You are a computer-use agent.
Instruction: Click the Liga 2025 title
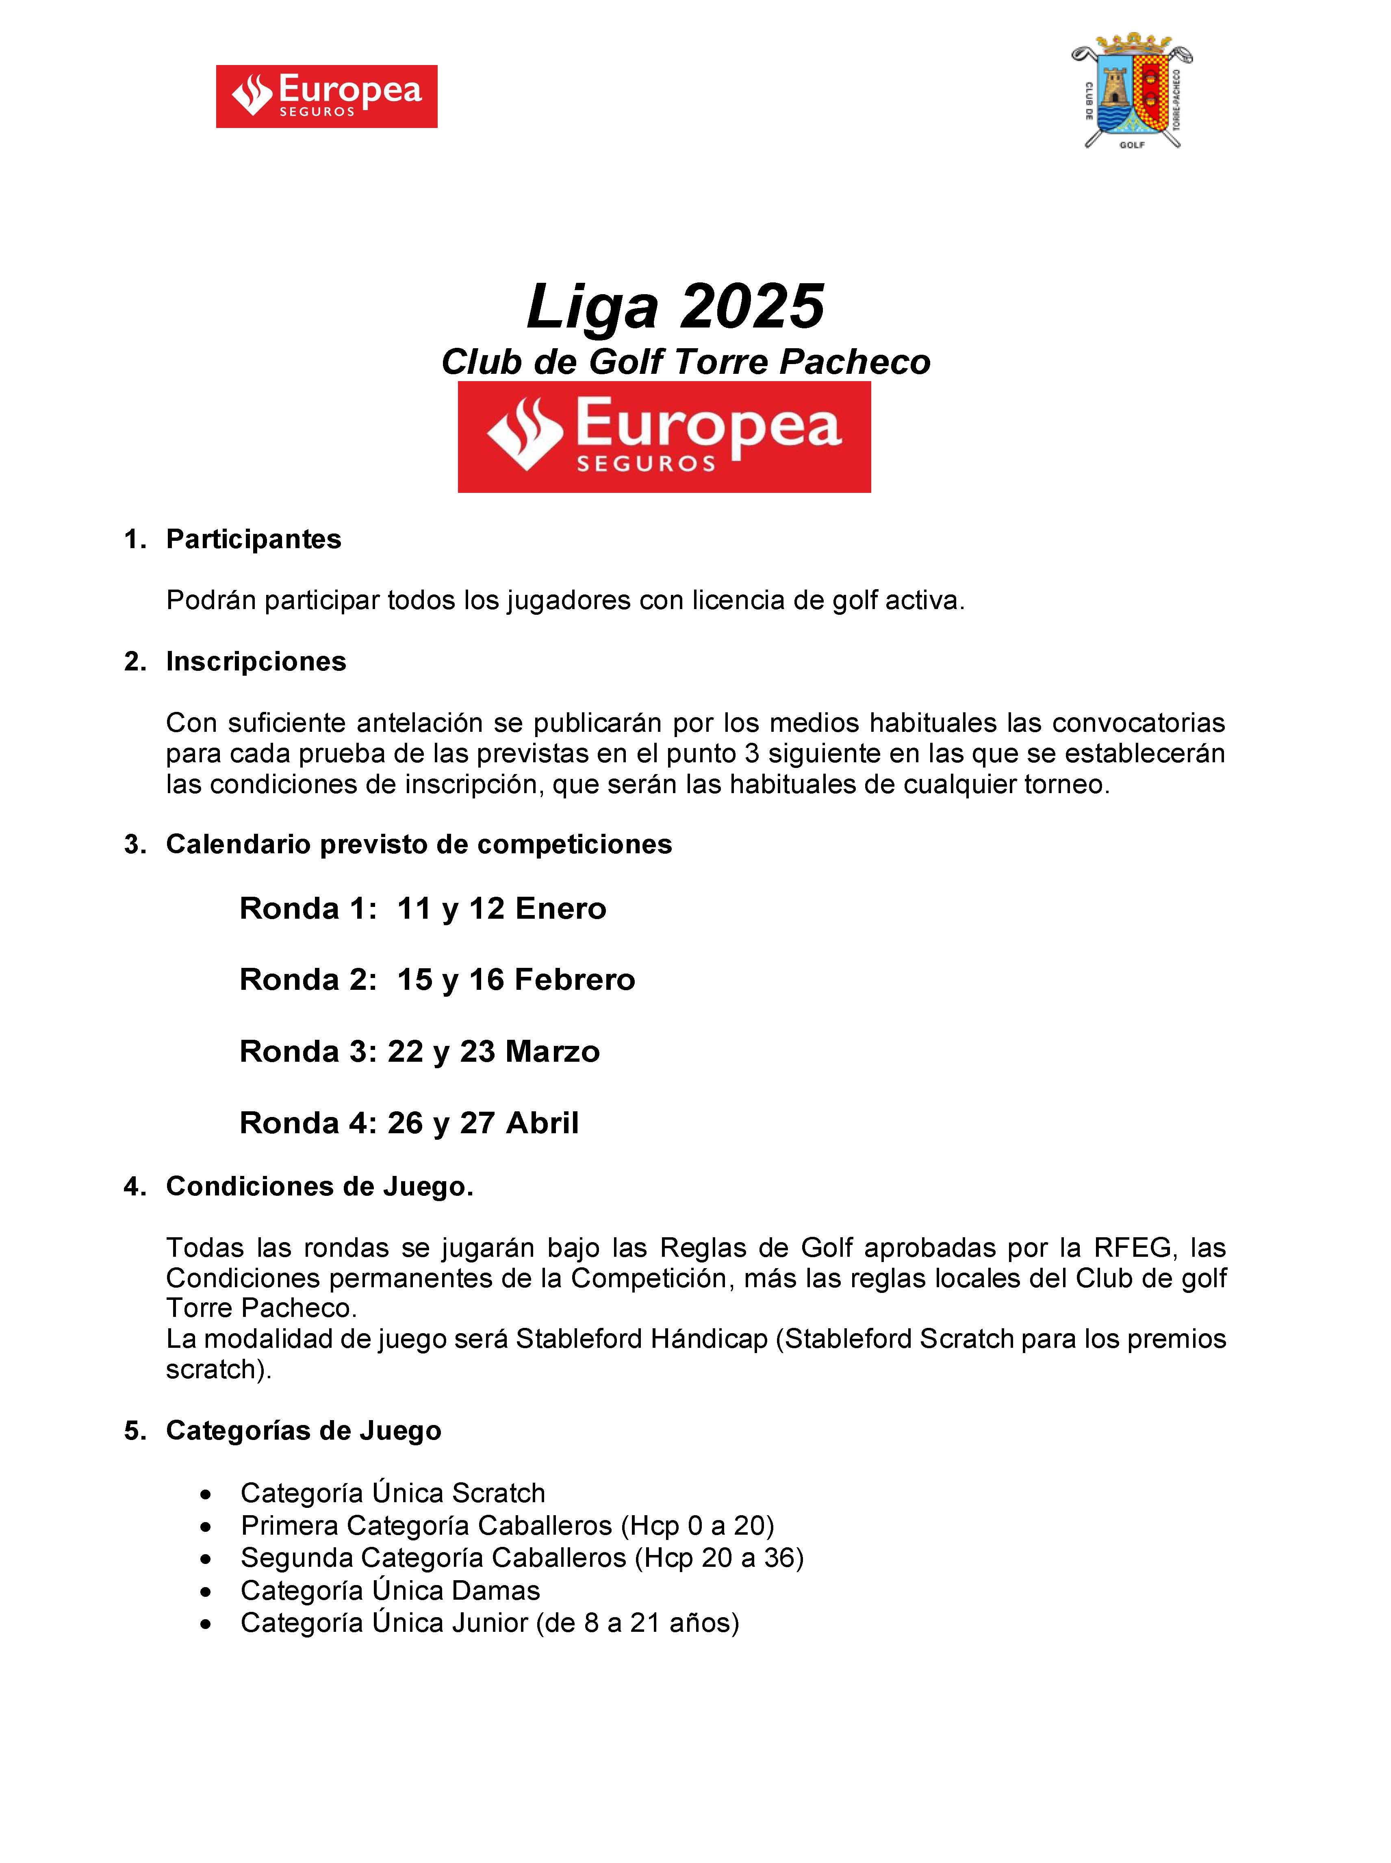click(x=675, y=306)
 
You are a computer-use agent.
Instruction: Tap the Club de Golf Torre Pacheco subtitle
click(x=686, y=362)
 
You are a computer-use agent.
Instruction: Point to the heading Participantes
click(x=254, y=540)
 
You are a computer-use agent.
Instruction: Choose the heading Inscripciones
click(x=256, y=661)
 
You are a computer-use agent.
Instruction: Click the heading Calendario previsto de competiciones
click(x=419, y=844)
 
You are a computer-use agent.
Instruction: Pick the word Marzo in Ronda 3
click(x=552, y=1052)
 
